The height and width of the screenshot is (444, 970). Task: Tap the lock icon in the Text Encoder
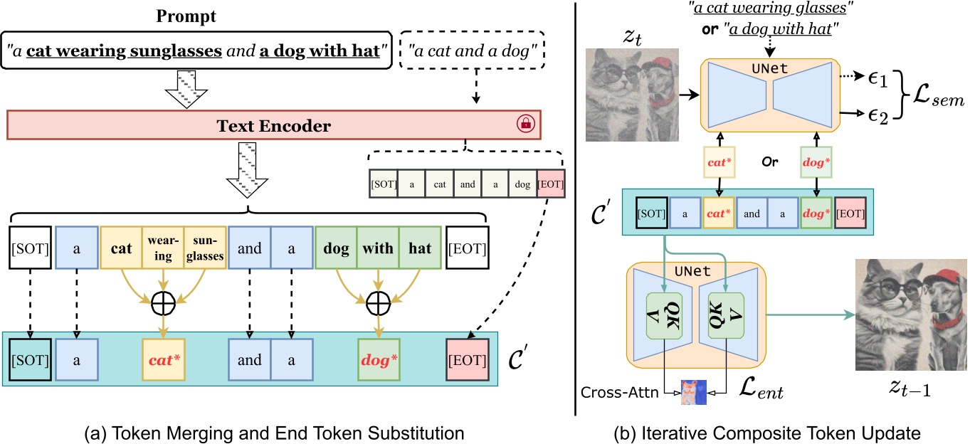click(x=527, y=125)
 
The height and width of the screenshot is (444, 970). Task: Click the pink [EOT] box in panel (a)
click(x=466, y=360)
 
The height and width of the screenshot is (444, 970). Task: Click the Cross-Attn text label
click(x=620, y=391)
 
